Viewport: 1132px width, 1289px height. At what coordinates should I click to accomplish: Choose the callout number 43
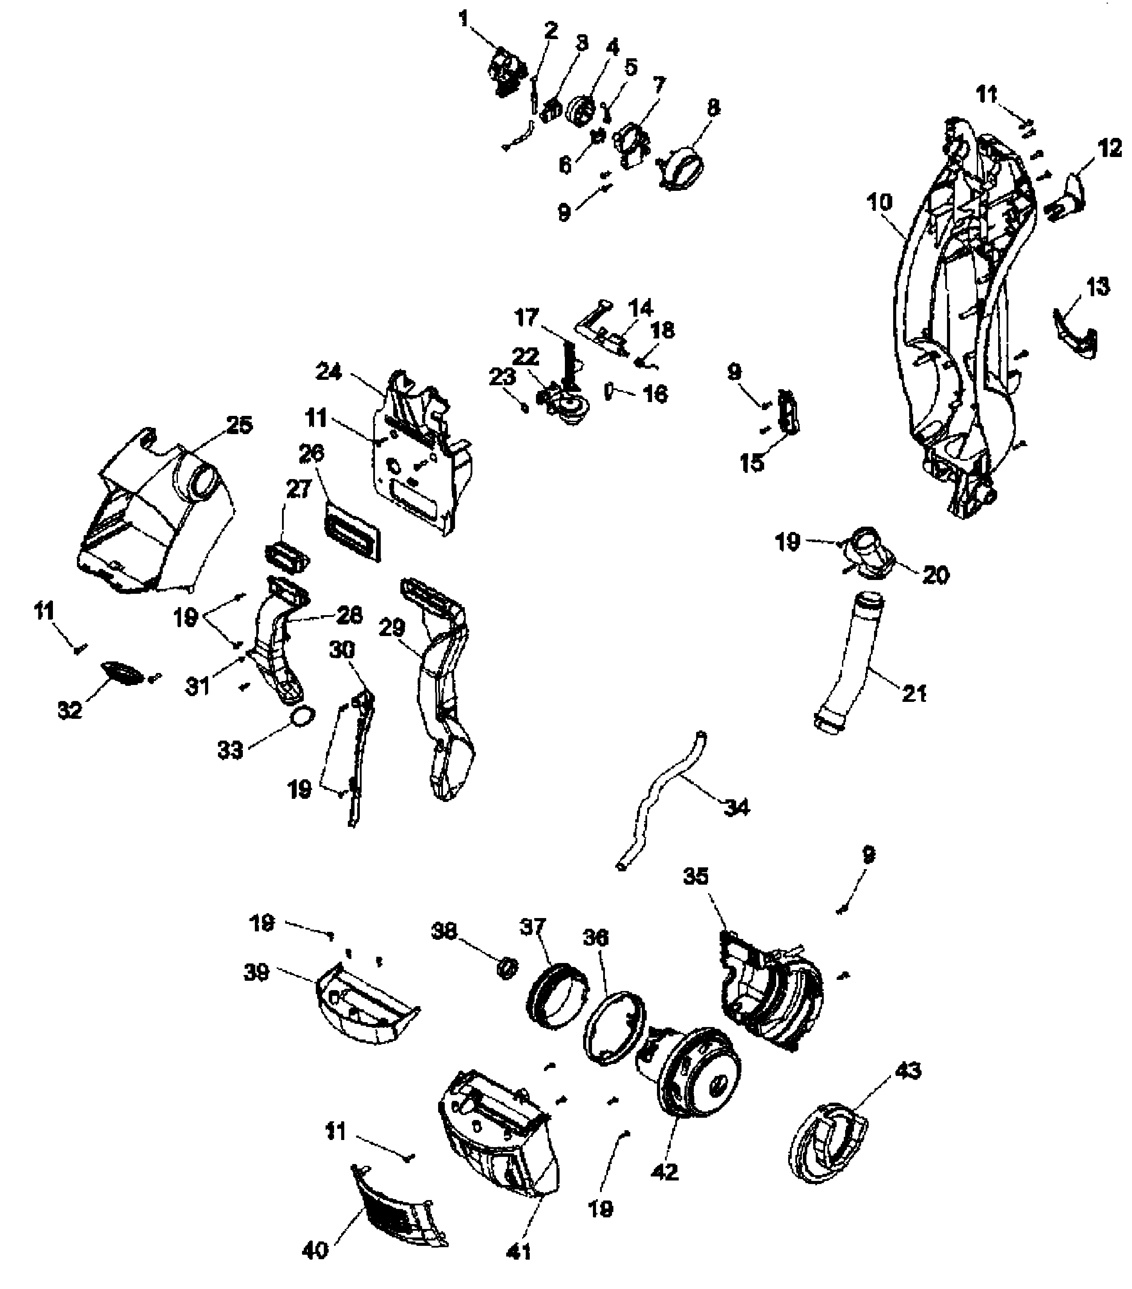907,1071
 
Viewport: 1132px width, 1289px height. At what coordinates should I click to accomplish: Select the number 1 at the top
464,20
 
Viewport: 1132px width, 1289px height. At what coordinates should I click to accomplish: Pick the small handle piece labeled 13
1076,334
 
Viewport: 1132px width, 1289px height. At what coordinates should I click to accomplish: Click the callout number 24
329,372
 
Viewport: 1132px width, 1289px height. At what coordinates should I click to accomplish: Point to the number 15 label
752,463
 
